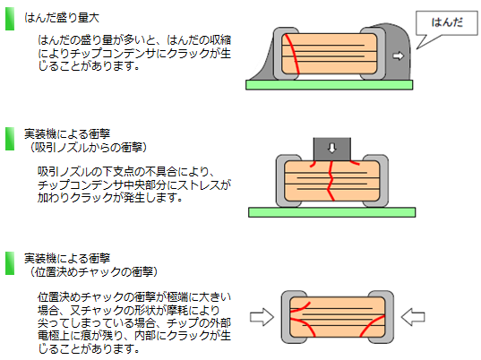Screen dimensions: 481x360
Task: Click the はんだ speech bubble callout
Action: click(446, 23)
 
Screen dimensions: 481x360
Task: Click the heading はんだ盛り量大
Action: click(62, 18)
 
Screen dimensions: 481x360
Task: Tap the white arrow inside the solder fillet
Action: click(399, 56)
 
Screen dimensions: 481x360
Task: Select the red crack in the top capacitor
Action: click(291, 55)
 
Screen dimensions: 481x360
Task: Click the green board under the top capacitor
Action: click(329, 85)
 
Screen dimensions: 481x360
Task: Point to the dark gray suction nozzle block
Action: click(332, 149)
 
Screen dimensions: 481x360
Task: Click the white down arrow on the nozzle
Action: click(332, 148)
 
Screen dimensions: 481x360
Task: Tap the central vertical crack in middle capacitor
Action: click(331, 181)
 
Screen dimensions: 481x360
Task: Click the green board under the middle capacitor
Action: click(332, 212)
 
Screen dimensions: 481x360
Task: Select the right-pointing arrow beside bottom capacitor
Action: click(262, 317)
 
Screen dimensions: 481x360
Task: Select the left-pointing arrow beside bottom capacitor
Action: click(413, 317)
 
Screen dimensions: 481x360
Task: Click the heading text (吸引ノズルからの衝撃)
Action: click(88, 148)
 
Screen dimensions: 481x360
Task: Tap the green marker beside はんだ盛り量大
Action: click(10, 19)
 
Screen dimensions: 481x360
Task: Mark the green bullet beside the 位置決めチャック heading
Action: click(10, 263)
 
